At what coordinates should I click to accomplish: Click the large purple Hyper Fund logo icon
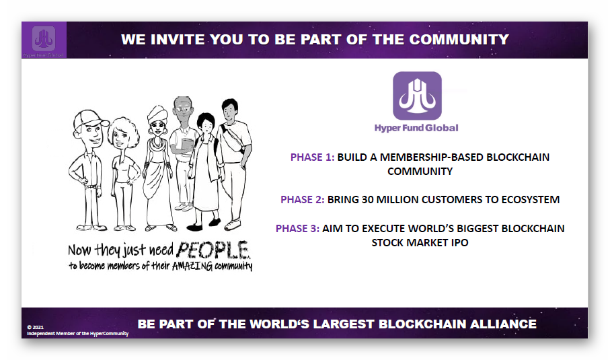pos(417,96)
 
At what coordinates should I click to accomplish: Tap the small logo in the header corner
pos(44,38)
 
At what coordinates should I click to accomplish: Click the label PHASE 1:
pos(312,157)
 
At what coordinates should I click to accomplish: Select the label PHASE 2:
pos(302,200)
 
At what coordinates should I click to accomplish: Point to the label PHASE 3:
pos(297,229)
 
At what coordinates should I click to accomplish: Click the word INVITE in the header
pos(178,39)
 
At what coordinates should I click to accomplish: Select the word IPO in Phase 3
pos(459,243)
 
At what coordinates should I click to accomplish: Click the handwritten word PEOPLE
pos(213,250)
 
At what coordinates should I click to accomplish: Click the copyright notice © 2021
pos(36,327)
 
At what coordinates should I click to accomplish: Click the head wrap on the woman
pos(157,113)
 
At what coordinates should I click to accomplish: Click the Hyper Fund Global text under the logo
pos(416,128)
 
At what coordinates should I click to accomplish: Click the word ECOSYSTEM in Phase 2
pos(530,200)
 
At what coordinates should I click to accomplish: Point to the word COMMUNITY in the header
pos(459,39)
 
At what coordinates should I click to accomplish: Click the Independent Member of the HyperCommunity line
pos(78,334)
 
